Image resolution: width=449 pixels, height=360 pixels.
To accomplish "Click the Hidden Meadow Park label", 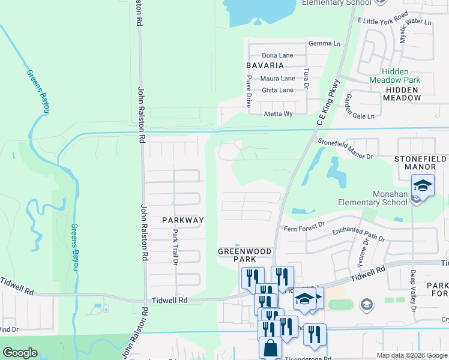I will (x=394, y=75).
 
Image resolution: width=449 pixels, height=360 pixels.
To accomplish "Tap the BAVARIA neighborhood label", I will (x=264, y=65).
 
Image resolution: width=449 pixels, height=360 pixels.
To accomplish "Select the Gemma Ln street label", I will (x=324, y=44).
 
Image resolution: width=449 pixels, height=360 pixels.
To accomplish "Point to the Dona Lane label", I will (x=277, y=55).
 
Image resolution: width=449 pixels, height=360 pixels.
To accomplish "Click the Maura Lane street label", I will (x=277, y=79).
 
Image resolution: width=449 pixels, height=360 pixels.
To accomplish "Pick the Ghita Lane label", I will (x=277, y=90).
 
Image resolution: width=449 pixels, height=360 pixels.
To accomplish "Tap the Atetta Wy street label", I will (x=279, y=114).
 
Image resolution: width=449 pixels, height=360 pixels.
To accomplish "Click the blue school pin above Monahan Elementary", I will (x=423, y=185).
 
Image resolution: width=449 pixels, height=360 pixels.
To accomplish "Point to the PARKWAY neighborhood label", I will (x=183, y=220).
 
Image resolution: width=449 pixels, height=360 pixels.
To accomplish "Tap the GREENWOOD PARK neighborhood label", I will (x=244, y=255).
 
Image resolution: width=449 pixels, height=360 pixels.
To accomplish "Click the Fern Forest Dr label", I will (x=304, y=224).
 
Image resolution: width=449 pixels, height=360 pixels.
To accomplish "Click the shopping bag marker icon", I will (x=270, y=348).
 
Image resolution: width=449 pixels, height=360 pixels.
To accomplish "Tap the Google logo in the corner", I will (x=20, y=353).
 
